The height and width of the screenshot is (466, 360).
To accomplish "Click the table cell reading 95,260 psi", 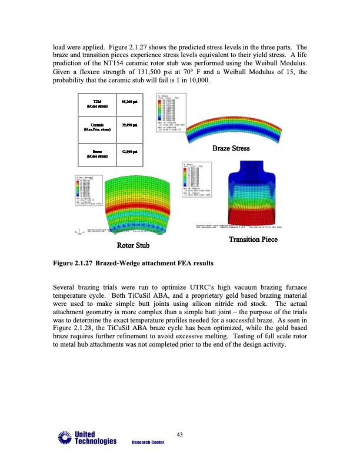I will (x=130, y=104).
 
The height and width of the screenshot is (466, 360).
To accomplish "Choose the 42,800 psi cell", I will (x=130, y=152).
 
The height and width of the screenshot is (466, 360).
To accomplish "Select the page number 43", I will (x=181, y=435).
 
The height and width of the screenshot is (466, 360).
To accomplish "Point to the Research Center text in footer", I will (x=148, y=442).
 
